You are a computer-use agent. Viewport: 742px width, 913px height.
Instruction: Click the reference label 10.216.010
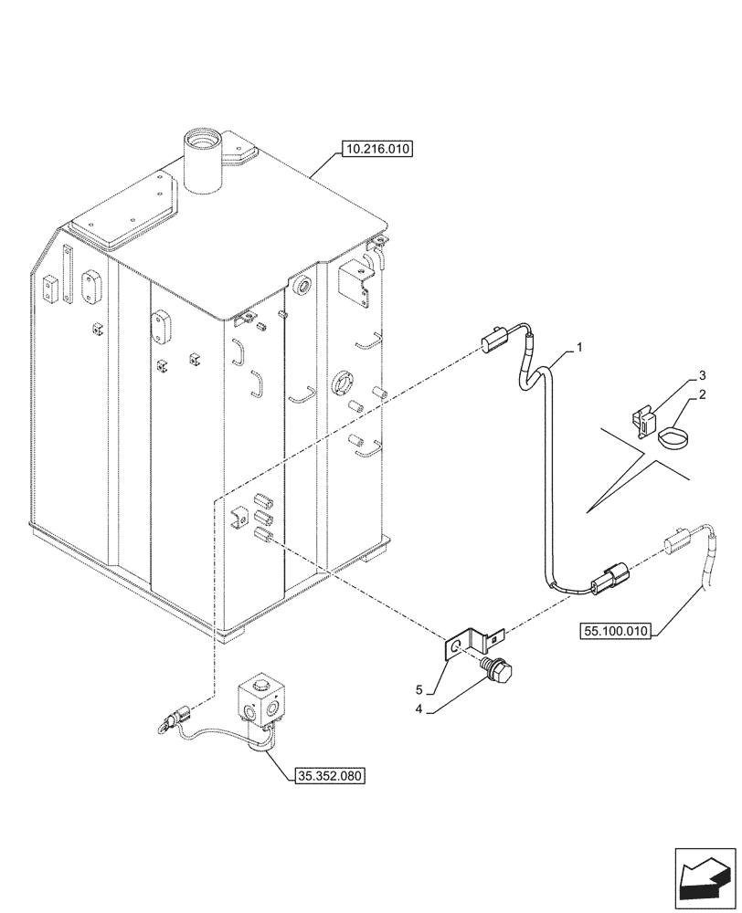coord(376,148)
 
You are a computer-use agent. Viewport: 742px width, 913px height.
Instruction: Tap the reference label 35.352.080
coord(330,777)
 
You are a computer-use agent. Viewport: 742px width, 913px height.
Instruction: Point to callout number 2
coord(703,395)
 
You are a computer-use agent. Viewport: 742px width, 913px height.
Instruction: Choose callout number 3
coord(703,375)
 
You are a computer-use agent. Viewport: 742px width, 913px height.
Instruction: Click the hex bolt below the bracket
coord(500,673)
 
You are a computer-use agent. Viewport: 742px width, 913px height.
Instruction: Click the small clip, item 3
coord(645,421)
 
